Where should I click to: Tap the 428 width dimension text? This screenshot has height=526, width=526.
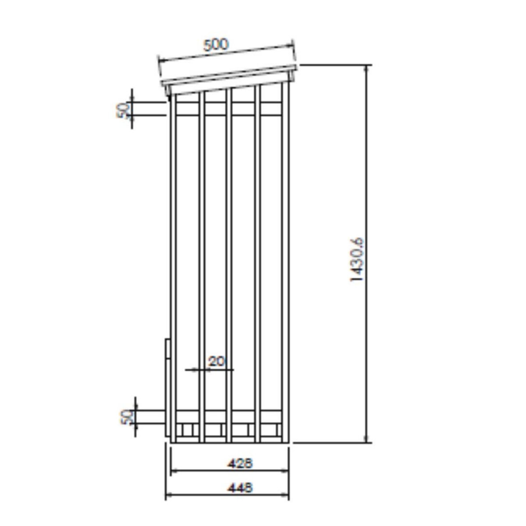pyautogui.click(x=240, y=463)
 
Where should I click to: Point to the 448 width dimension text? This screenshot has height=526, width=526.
pyautogui.click(x=240, y=487)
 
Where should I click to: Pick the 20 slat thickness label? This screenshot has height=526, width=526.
pyautogui.click(x=216, y=362)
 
